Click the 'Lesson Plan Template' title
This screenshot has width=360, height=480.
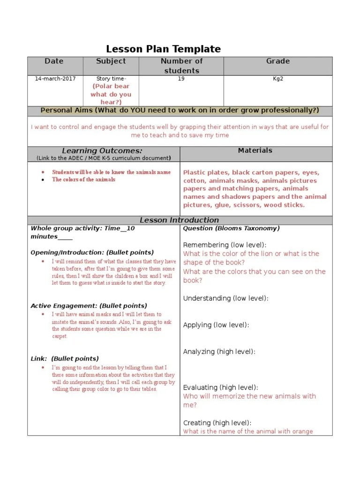pos(163,49)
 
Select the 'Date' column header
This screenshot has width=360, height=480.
pos(54,61)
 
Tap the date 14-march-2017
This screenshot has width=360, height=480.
pos(55,79)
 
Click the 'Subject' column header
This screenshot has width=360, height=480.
pos(111,61)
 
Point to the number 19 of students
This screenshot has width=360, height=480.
pos(181,79)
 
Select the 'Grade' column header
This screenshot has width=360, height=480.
pos(278,61)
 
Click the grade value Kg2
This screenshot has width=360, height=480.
pos(278,79)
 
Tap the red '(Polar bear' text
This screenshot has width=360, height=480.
pos(111,86)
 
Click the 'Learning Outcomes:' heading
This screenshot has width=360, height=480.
pos(102,151)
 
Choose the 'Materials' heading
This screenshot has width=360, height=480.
pos(255,150)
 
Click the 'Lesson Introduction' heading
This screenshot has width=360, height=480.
pos(180,220)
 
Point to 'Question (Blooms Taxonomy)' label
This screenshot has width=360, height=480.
pos(231,228)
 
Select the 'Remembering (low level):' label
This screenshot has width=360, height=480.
pos(225,245)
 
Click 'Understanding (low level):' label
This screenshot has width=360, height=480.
pos(226,298)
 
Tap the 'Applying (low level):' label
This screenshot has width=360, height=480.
pos(216,325)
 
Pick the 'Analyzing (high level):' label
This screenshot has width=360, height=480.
pos(219,352)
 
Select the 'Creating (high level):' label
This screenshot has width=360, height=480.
pos(217,423)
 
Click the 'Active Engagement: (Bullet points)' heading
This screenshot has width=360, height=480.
pos(89,306)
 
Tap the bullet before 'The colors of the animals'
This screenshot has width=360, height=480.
pos(43,180)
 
